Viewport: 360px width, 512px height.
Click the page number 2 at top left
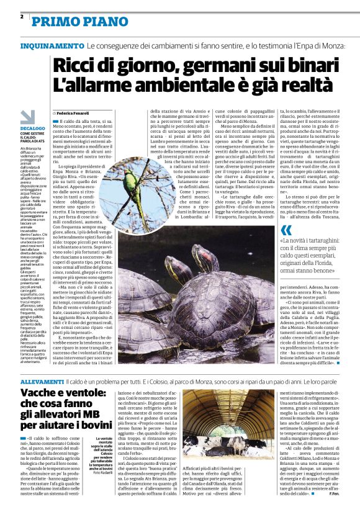tap(22, 16)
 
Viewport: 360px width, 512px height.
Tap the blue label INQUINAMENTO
tap(52, 47)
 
